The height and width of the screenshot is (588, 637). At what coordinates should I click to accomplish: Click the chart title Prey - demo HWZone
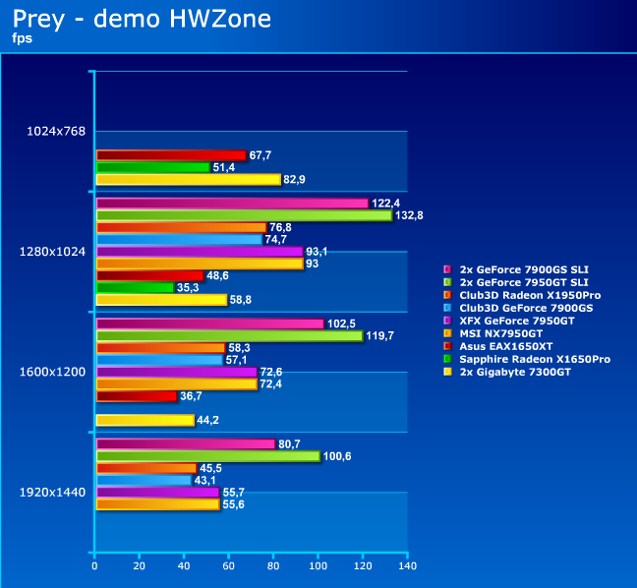pos(143,19)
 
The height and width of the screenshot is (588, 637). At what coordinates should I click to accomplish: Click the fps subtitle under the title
pos(24,38)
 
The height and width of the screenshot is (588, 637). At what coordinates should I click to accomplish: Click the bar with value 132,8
pos(244,215)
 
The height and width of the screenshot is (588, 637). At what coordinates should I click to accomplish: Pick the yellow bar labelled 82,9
pos(188,179)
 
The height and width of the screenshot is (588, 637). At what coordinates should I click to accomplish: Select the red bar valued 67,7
pos(171,155)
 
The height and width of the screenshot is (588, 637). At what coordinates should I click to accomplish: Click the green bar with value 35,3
pos(135,287)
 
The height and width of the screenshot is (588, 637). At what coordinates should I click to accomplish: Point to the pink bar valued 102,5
pos(209,323)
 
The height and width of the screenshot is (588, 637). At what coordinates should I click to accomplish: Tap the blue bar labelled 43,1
pos(144,480)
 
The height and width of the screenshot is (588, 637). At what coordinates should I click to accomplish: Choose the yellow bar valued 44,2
pos(145,420)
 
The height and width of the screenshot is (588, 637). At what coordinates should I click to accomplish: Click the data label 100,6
pos(341,456)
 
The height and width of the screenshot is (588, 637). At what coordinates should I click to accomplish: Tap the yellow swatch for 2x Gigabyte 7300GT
pos(448,372)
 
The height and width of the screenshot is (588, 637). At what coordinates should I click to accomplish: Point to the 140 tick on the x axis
pos(408,566)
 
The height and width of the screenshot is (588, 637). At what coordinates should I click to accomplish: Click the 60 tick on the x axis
pos(229,566)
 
